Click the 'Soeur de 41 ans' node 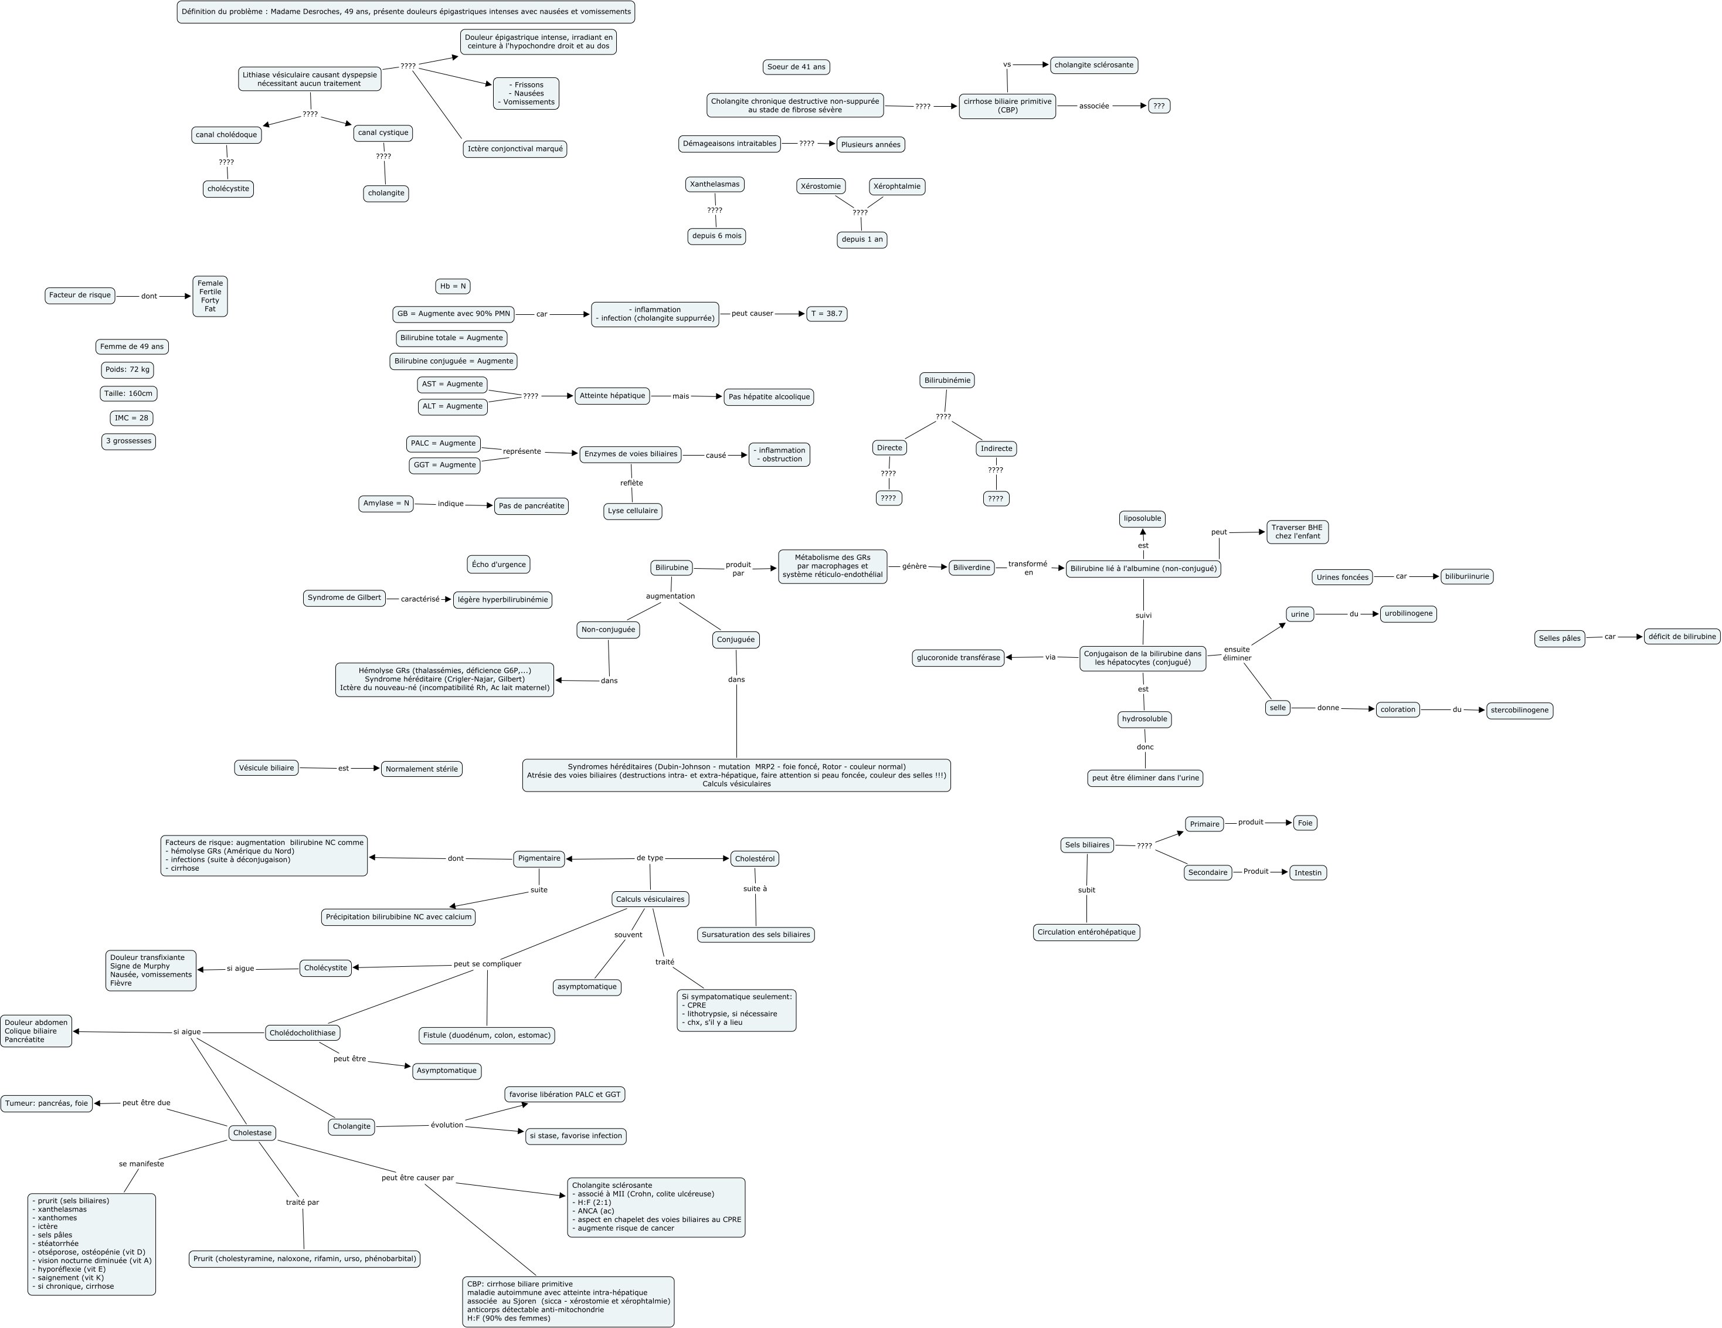click(x=796, y=67)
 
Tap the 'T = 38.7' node click(x=826, y=314)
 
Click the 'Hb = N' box click(x=453, y=286)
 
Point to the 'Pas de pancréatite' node click(x=531, y=506)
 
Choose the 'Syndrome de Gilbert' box click(x=344, y=598)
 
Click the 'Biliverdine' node click(x=972, y=568)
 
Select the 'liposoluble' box click(x=1142, y=519)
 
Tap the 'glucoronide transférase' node click(x=958, y=658)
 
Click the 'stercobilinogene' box click(x=1519, y=711)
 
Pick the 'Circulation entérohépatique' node click(x=1086, y=932)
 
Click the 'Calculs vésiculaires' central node click(x=650, y=899)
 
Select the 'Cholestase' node click(x=252, y=1133)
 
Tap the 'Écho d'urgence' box click(x=498, y=565)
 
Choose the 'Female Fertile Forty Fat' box click(x=210, y=297)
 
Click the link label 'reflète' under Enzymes click(x=631, y=483)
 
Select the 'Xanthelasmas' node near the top click(x=714, y=185)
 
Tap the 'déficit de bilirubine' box click(x=1682, y=636)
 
